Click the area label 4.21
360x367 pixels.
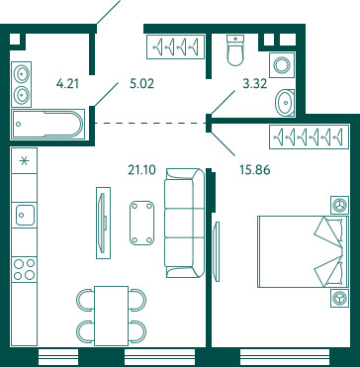point(67,84)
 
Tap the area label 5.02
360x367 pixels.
point(141,84)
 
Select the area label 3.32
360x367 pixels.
point(254,84)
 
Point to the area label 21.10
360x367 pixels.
point(141,170)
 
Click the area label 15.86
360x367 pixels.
point(255,170)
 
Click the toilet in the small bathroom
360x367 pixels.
point(235,50)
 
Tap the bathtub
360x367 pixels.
point(48,124)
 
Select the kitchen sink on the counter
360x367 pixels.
point(26,215)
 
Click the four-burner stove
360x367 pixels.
point(25,269)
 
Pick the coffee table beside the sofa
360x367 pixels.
point(141,223)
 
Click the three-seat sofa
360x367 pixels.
point(184,223)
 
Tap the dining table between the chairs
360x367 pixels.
point(111,316)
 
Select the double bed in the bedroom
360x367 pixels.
point(303,251)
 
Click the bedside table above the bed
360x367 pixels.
point(339,205)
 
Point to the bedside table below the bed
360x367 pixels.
point(339,299)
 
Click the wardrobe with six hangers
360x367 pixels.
point(309,137)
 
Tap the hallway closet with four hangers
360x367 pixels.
point(175,46)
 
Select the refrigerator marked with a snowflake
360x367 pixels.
point(24,160)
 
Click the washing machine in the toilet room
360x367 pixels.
point(282,64)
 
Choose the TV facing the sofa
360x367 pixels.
point(104,223)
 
